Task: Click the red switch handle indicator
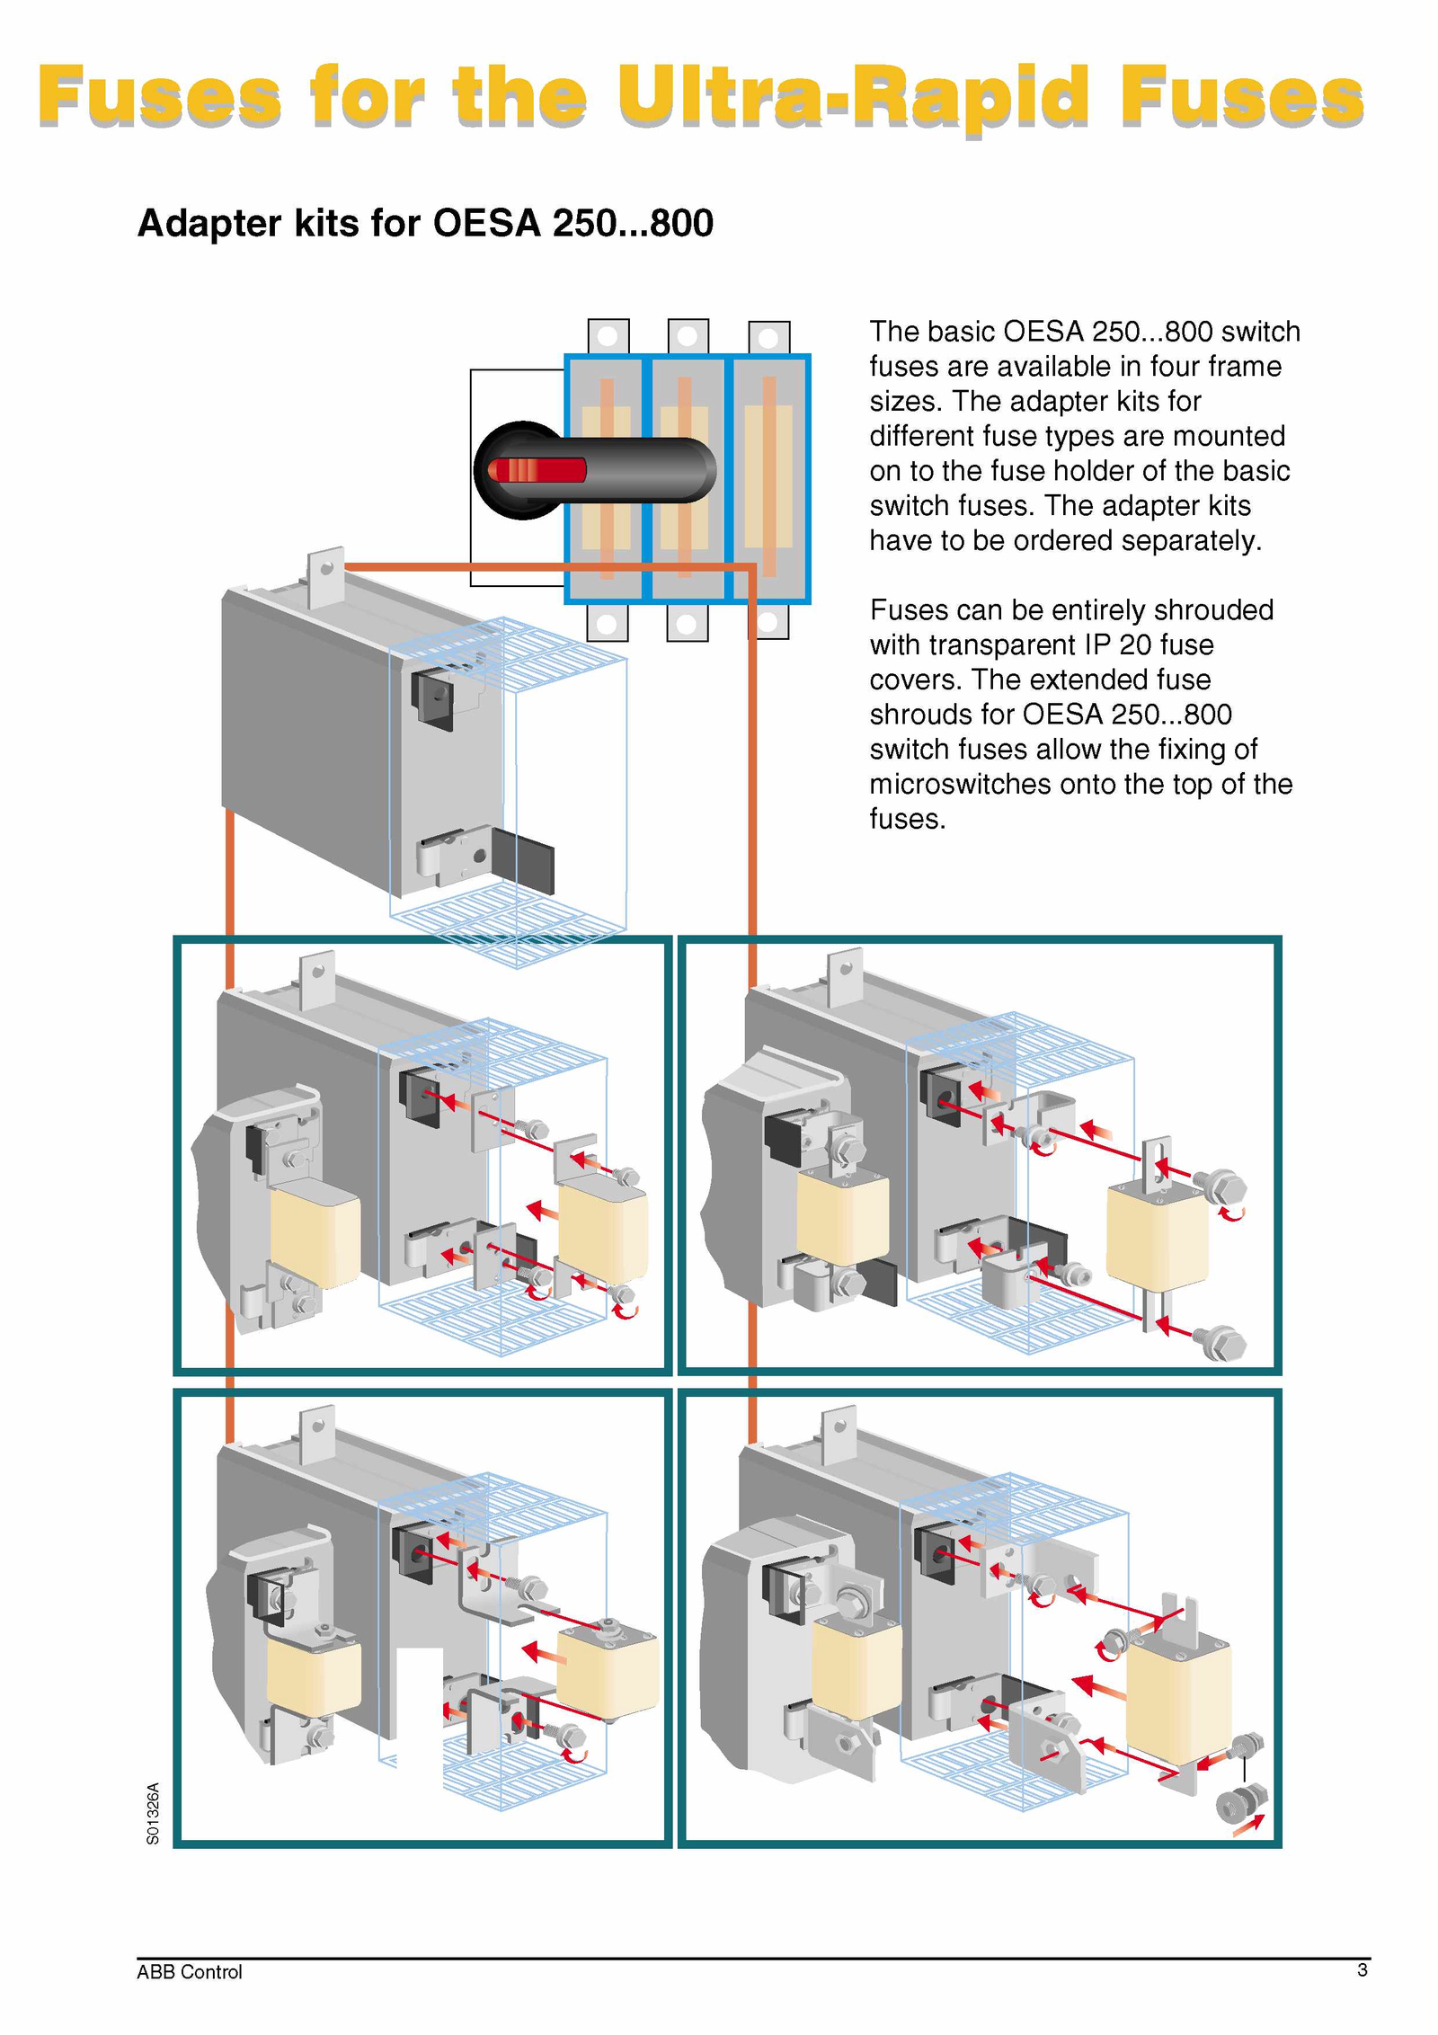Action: coord(537,470)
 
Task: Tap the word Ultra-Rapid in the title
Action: coord(853,97)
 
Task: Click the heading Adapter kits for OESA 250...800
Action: coord(425,223)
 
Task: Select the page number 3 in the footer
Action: coord(1362,1969)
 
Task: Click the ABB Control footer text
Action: coord(190,1971)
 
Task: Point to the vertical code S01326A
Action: coord(153,1813)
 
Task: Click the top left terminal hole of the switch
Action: coord(608,337)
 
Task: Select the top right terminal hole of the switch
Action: coord(768,339)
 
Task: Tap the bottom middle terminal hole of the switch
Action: coord(687,623)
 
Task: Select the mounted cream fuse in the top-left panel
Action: coord(315,1234)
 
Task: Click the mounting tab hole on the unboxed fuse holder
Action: coord(326,568)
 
